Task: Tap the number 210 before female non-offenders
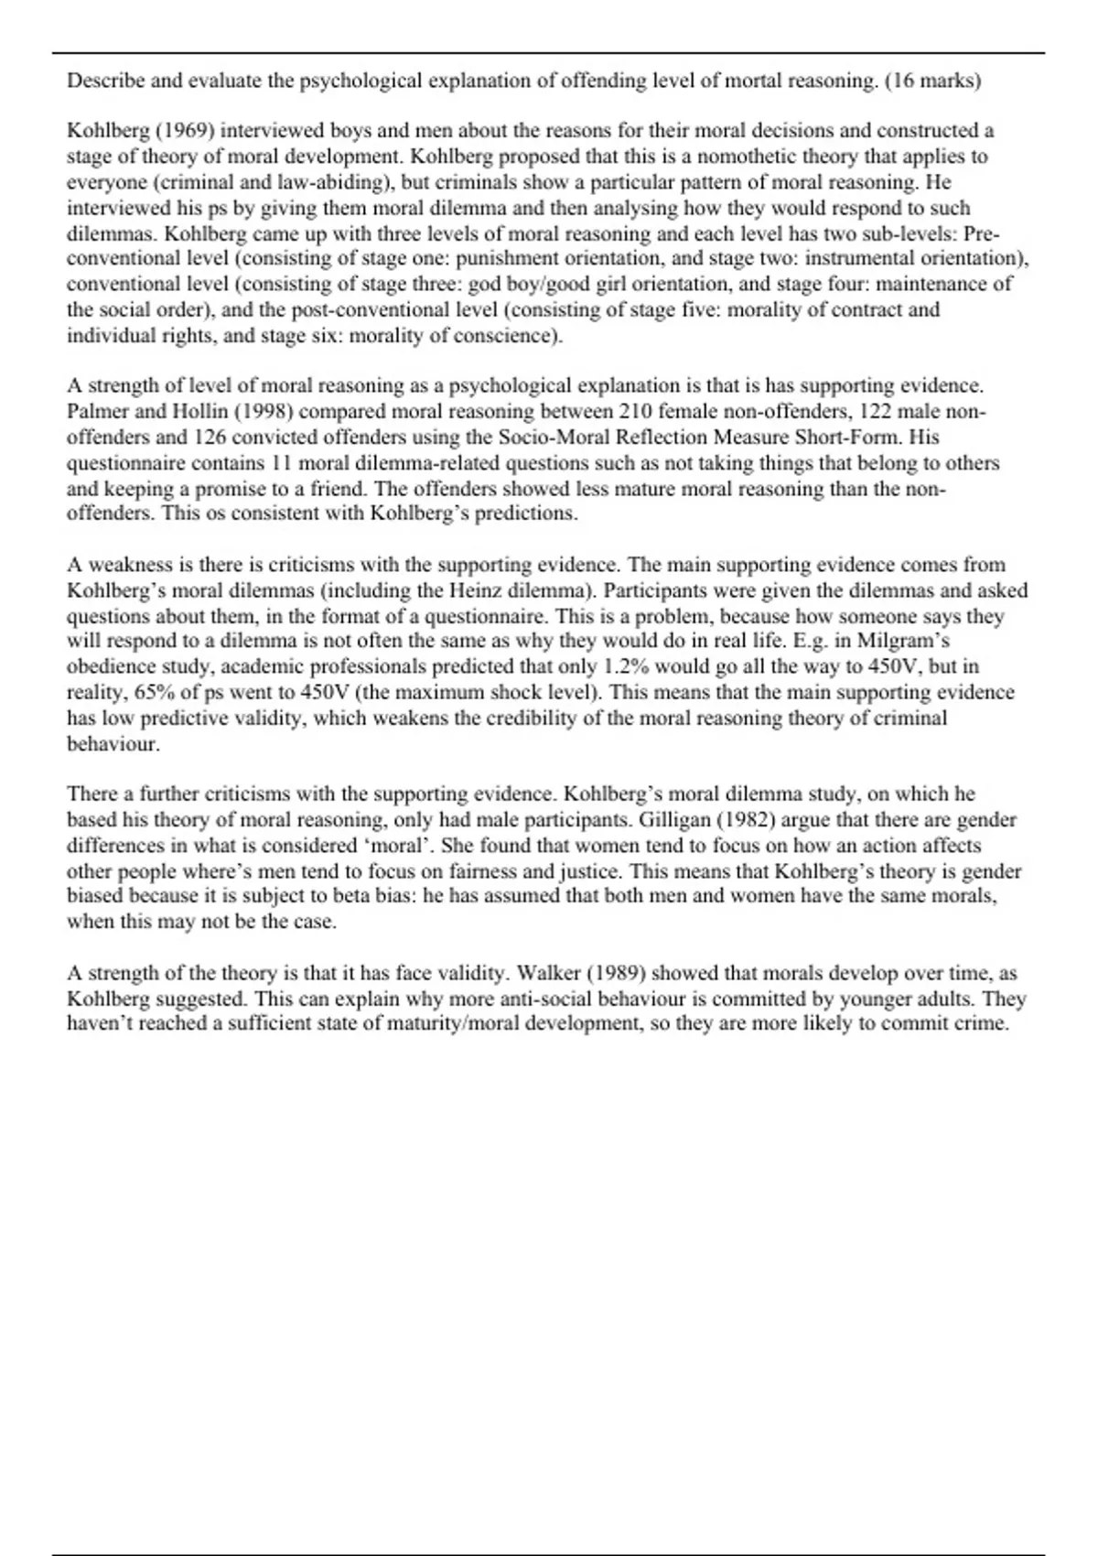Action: coord(635,411)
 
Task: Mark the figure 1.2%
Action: coord(627,666)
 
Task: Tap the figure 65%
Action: coord(154,692)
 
